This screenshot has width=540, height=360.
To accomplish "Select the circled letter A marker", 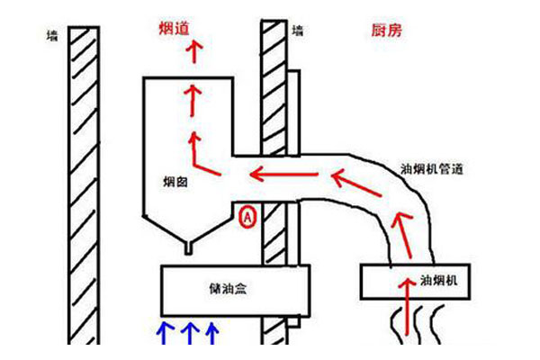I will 249,216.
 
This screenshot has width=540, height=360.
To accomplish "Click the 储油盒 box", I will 235,290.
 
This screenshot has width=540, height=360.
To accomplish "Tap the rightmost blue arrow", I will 211,333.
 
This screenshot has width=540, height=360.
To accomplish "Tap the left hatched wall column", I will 84,180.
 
